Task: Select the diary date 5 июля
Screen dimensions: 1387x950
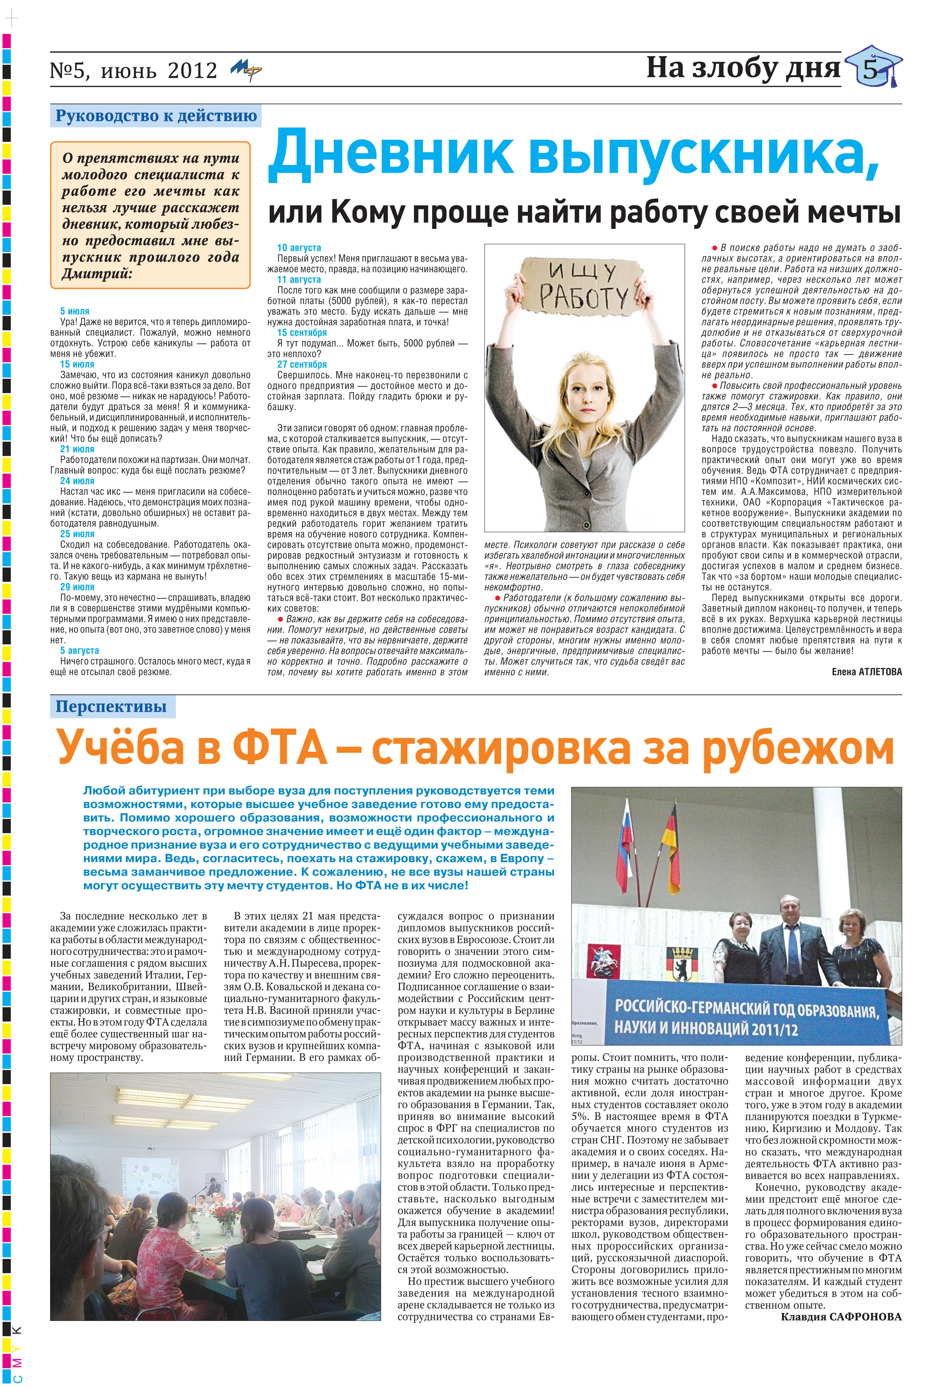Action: (75, 311)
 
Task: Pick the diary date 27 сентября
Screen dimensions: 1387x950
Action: (302, 364)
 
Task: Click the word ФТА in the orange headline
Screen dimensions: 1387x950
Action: (280, 748)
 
